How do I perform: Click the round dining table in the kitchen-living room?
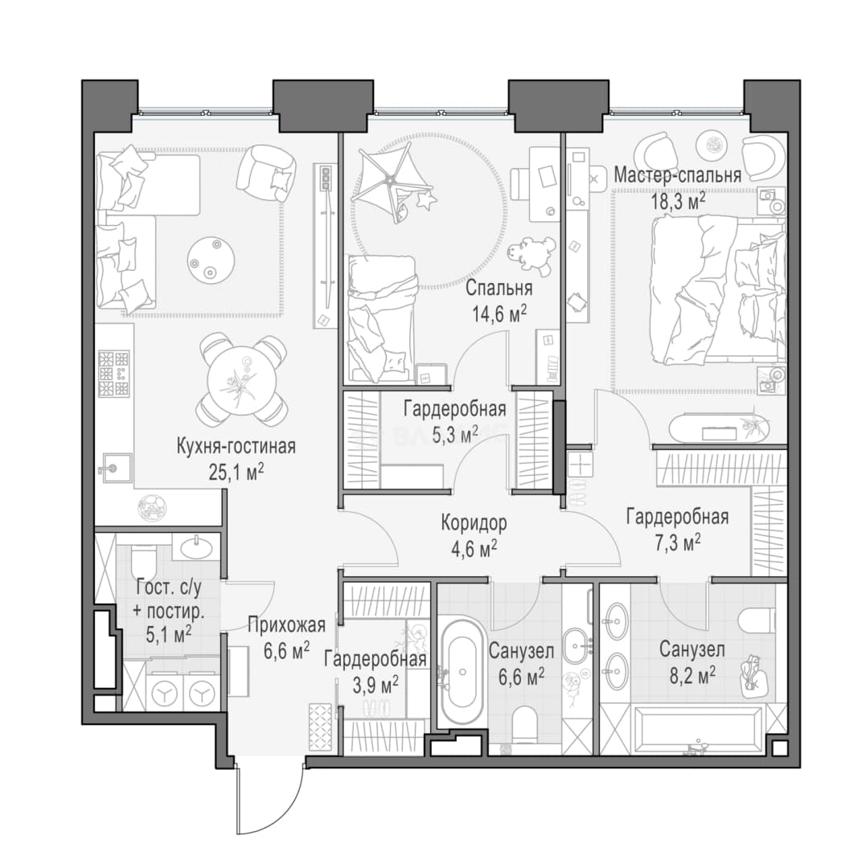241,381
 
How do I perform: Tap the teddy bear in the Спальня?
532,255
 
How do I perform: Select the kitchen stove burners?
113,373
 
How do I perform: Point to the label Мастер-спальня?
678,175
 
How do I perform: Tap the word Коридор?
474,522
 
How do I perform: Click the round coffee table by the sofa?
211,260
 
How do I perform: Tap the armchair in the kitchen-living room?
266,174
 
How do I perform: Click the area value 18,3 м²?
678,200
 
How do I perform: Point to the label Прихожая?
286,625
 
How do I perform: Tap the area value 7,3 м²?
678,543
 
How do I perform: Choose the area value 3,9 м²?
376,686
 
